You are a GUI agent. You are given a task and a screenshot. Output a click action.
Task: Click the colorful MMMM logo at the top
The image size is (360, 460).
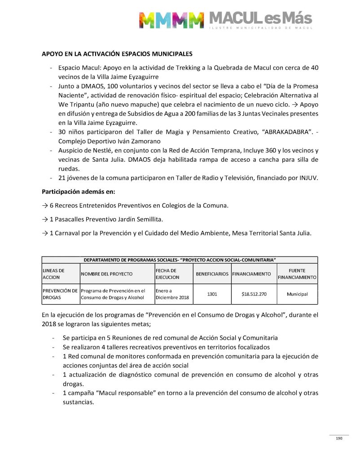point(171,20)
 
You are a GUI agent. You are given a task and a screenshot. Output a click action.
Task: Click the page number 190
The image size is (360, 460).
point(339,438)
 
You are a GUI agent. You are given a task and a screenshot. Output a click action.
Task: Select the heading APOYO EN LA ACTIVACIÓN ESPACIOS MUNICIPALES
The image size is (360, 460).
point(117,54)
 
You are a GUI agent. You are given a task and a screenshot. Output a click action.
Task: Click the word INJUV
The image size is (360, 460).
point(309,178)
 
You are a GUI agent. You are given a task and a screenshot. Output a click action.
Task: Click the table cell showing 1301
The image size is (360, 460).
point(212,294)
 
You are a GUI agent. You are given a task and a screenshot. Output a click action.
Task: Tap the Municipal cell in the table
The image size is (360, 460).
point(297,294)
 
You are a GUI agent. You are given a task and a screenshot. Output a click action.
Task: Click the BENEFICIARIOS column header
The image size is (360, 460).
point(212,274)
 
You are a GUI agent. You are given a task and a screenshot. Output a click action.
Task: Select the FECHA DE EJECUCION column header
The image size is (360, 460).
point(167,274)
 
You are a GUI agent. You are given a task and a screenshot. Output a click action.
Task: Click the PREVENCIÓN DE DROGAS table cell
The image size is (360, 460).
point(60,294)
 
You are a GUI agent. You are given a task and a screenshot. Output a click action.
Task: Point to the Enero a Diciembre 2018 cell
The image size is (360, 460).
point(172,294)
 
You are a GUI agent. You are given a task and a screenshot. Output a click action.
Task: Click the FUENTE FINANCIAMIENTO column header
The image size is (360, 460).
point(297,274)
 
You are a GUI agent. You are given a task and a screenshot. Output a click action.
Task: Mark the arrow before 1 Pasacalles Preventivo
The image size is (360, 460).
point(45,219)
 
